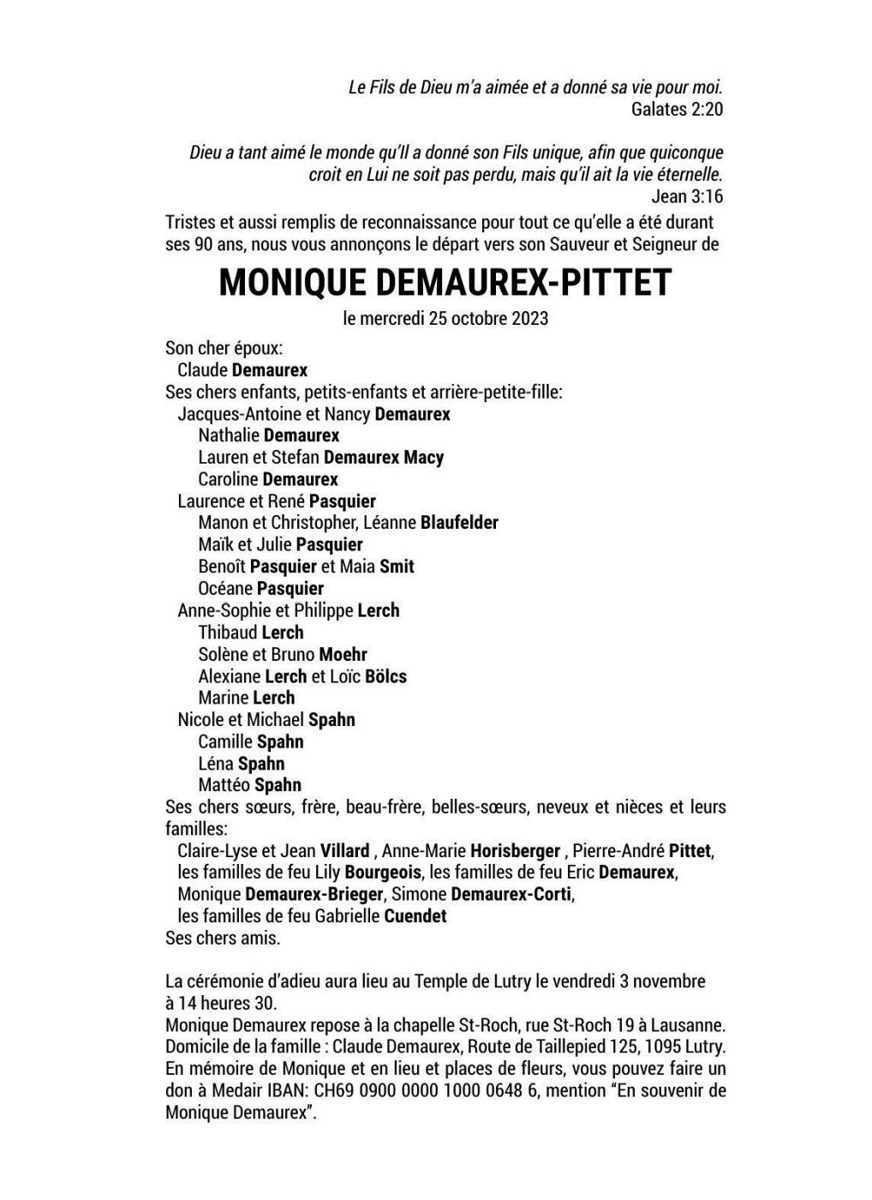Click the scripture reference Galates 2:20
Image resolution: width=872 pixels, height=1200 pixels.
[677, 109]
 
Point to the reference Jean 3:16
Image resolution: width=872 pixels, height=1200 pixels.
[687, 196]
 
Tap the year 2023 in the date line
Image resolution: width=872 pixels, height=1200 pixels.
[530, 318]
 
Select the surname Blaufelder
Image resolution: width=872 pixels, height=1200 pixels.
[459, 522]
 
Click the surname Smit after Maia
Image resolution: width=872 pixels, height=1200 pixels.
[397, 567]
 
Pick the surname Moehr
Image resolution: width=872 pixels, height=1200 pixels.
[343, 654]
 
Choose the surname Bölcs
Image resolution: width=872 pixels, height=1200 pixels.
[385, 676]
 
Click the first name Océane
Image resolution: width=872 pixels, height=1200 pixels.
[225, 589]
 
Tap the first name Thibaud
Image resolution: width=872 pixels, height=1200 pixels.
[228, 633]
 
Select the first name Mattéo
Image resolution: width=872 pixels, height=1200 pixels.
[224, 785]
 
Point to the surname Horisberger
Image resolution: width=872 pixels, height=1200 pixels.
[515, 851]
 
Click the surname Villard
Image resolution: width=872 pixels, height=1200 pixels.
[344, 851]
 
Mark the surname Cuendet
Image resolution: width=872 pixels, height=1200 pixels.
[415, 916]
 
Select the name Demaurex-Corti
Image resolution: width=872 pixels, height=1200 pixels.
[511, 895]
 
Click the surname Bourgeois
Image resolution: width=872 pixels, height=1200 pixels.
[383, 873]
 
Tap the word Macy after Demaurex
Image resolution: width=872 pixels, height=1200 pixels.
[423, 458]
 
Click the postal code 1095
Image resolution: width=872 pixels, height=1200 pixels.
[664, 1047]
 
